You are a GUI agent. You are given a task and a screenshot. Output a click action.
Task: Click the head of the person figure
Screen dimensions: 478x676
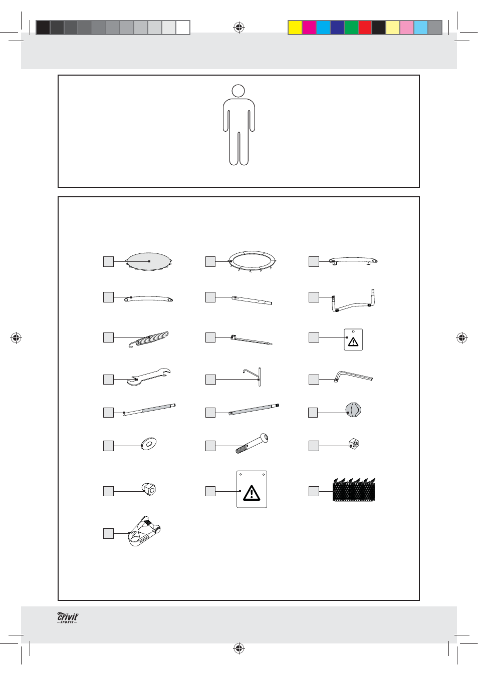point(238,91)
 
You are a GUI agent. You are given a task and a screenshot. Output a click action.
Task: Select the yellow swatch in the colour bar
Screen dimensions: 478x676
point(295,28)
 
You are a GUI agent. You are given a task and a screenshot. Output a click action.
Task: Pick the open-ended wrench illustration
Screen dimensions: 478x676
point(148,377)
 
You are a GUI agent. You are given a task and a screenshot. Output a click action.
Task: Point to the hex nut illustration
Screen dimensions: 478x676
point(354,444)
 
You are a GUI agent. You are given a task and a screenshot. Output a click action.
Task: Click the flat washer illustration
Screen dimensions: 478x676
point(149,443)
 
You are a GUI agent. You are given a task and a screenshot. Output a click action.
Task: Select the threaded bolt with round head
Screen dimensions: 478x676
point(252,443)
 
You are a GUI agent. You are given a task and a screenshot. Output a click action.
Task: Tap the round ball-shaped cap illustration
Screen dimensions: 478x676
point(353,410)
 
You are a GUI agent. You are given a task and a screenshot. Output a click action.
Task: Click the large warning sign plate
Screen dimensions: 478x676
point(252,489)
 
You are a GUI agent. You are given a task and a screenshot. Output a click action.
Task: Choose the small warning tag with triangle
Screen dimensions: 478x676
point(353,340)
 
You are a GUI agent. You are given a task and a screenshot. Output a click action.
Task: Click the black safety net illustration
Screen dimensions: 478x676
point(354,490)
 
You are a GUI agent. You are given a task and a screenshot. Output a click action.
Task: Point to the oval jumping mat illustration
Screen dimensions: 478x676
point(149,261)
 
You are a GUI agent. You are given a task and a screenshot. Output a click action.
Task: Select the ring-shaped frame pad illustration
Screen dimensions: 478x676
point(252,261)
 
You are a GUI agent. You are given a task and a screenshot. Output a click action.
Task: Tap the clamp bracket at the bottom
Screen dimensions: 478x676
point(144,531)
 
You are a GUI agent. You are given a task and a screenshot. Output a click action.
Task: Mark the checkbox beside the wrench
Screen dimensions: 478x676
point(108,380)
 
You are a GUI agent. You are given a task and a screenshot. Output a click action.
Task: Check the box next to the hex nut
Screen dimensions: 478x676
point(314,446)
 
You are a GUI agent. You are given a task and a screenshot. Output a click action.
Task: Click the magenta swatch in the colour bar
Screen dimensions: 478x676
point(309,28)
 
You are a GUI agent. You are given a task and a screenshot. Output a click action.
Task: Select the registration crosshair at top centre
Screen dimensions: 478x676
point(239,28)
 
